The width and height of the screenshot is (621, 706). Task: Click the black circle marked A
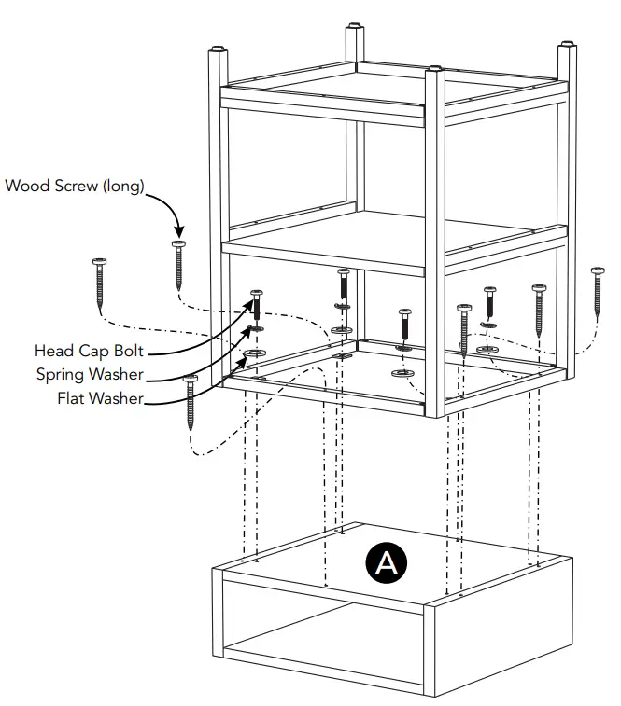387,562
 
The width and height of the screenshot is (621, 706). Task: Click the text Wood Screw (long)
75,186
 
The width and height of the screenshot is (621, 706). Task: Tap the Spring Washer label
90,375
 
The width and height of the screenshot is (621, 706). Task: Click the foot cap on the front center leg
432,67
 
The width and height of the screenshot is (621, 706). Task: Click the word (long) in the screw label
123,186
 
